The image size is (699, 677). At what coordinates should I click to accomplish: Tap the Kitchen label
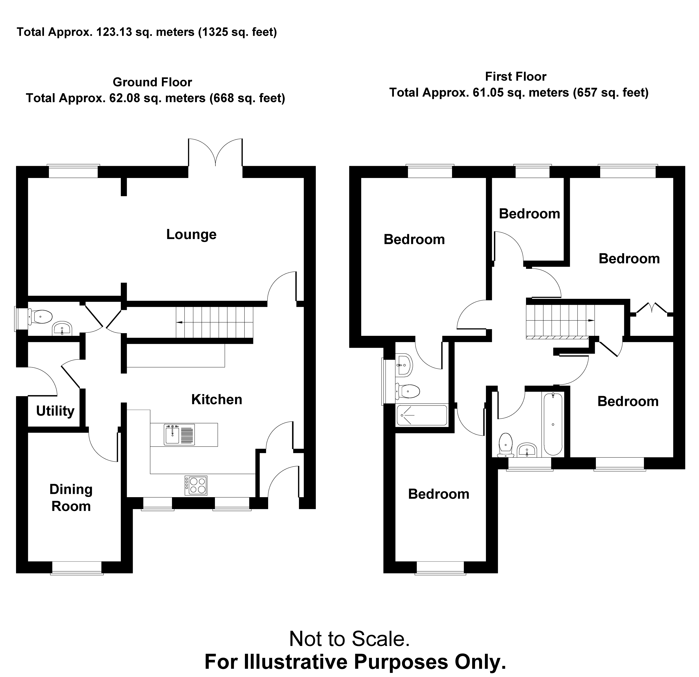[217, 400]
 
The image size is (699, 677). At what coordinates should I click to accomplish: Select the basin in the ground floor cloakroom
[62, 328]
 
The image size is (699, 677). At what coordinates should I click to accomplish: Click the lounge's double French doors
[215, 153]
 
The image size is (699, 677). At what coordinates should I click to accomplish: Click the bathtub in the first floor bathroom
[553, 424]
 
